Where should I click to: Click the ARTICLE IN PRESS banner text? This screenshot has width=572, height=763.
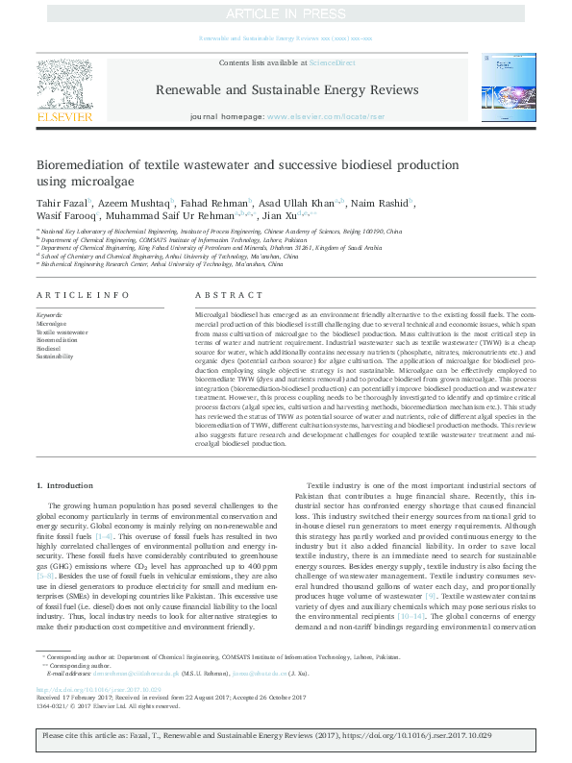[286, 13]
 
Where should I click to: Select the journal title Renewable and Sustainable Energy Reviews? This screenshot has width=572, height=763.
[286, 89]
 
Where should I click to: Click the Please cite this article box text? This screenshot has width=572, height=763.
[286, 746]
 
